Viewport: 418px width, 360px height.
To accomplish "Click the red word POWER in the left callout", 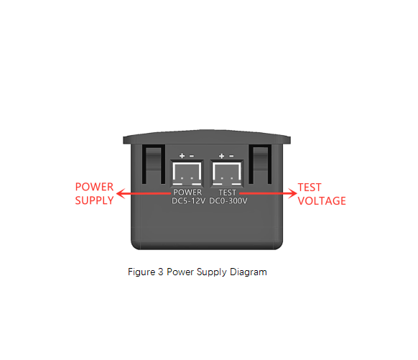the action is click(x=94, y=187).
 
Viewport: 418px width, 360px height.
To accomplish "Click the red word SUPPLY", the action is click(x=94, y=200).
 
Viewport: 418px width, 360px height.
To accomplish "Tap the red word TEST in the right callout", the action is click(x=310, y=188).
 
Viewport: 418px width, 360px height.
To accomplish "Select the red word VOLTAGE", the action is click(x=322, y=201).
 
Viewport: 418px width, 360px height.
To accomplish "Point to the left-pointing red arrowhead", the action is click(x=121, y=193).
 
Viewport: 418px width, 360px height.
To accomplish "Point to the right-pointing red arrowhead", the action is click(x=292, y=193).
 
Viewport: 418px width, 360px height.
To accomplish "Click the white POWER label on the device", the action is click(x=187, y=193).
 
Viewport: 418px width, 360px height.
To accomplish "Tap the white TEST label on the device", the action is click(x=228, y=193).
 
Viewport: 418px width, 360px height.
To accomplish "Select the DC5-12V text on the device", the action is click(x=188, y=200).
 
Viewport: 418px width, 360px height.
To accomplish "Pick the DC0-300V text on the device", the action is click(x=228, y=200).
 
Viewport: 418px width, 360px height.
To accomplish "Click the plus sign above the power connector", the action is click(x=182, y=156).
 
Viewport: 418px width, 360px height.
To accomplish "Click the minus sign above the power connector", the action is click(x=192, y=156).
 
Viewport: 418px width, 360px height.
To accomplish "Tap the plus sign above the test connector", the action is click(x=221, y=156).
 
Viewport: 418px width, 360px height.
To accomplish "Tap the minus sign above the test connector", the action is click(x=231, y=156).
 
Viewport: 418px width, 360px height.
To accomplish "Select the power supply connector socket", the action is click(x=187, y=173).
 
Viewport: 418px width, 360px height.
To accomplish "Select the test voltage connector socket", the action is click(x=227, y=173).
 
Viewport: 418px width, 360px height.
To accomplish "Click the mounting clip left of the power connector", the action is click(x=153, y=165).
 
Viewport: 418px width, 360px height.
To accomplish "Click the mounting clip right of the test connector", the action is click(x=260, y=165).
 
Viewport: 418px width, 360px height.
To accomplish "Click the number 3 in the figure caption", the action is click(x=160, y=272).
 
